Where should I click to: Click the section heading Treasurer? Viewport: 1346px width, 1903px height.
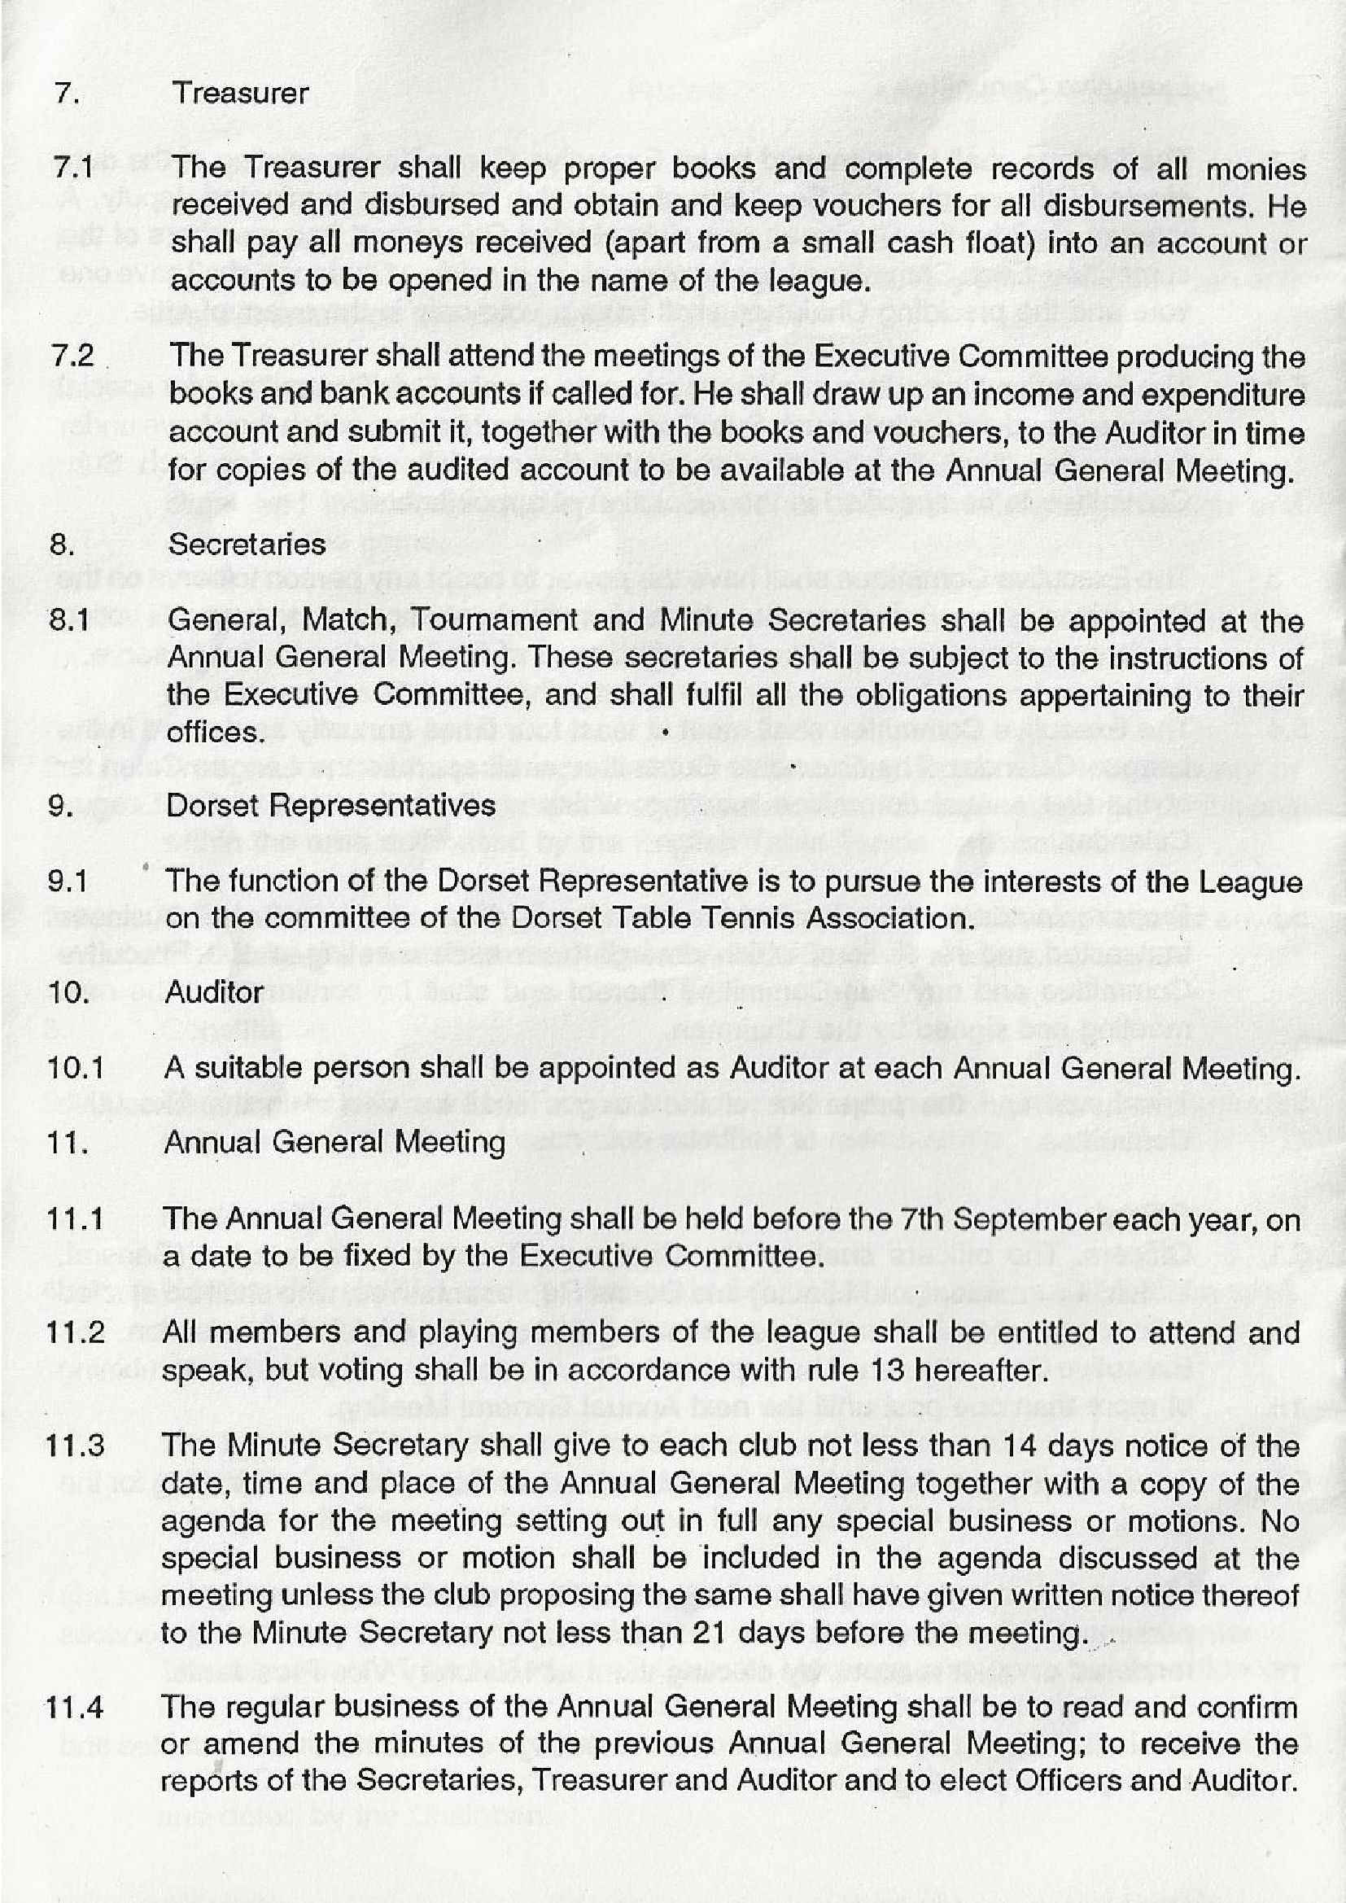click(239, 93)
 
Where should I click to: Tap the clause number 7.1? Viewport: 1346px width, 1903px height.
click(73, 168)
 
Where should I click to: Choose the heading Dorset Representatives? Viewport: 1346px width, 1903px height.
click(330, 806)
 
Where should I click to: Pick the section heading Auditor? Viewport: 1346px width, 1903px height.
click(214, 992)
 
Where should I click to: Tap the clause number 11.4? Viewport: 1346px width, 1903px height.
click(76, 1708)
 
